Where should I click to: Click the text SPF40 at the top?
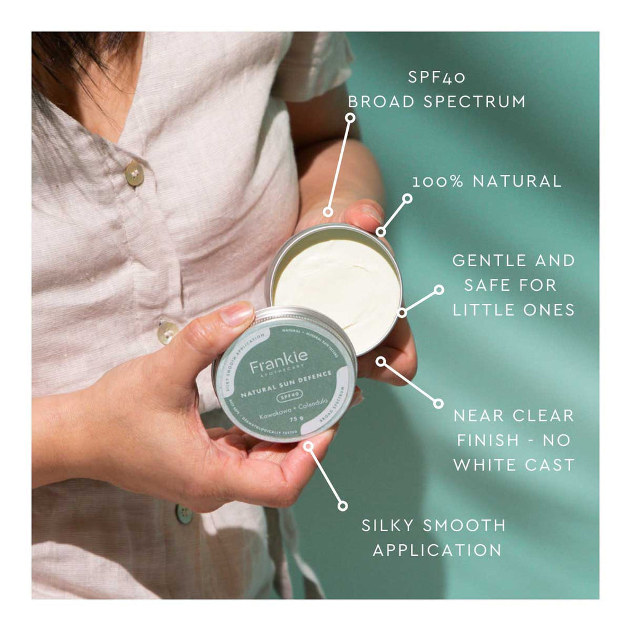pos(437,78)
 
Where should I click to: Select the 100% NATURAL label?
pos(487,181)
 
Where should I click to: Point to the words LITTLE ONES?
pos(513,309)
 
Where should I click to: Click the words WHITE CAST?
pos(513,465)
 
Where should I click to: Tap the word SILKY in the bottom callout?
pos(391,526)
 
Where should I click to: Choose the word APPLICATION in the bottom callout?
pos(437,550)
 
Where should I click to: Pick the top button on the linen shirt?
pos(134,173)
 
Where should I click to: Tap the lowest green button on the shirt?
pos(184,514)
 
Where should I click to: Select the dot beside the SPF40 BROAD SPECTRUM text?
pos(351,116)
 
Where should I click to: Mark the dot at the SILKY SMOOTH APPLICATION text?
pos(343,506)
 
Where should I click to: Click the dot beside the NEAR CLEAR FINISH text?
pos(438,404)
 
